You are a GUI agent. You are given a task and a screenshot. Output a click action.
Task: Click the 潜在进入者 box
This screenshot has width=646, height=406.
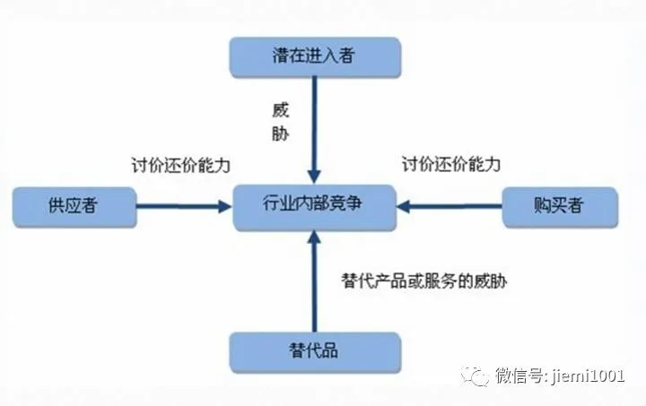pos(313,56)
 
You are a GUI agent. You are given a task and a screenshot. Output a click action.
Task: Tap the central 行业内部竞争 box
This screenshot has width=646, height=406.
pos(313,206)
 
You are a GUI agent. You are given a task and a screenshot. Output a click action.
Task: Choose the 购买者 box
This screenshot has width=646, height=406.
pos(561,206)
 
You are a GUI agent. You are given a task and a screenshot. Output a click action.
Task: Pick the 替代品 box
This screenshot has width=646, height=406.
pos(313,352)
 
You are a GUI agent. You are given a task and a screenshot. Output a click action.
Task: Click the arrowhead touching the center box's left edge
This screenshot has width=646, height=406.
pos(224,206)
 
